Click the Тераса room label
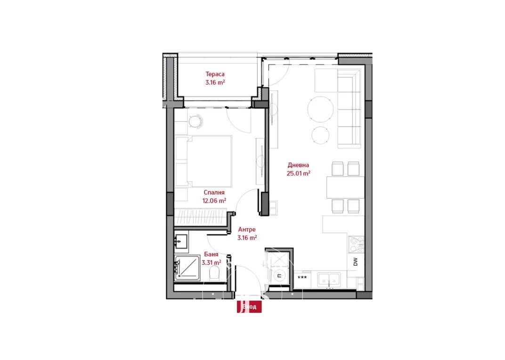(x=215, y=74)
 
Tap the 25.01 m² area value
(x=298, y=173)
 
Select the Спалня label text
(x=214, y=192)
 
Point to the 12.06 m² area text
(x=214, y=200)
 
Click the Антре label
(x=247, y=229)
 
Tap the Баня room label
(x=211, y=254)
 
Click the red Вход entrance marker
(x=249, y=307)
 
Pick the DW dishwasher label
(x=356, y=262)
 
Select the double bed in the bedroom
(x=204, y=161)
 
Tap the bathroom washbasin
(x=181, y=241)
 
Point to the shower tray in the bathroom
(x=187, y=268)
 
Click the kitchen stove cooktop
(x=356, y=245)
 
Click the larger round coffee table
(x=320, y=109)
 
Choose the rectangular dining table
(x=346, y=187)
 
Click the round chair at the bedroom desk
(x=195, y=122)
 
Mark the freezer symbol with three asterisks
(x=302, y=277)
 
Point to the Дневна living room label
(x=298, y=165)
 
